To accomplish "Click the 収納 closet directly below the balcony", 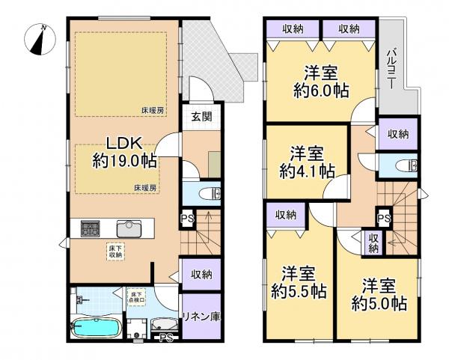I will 398,133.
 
